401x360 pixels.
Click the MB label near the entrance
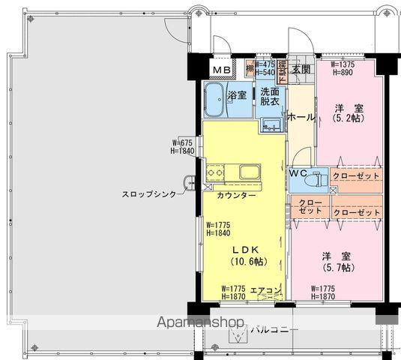[x=221, y=70]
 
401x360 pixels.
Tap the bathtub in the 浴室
[x=217, y=99]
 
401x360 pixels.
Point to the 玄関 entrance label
[x=301, y=70]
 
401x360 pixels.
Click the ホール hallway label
[x=301, y=117]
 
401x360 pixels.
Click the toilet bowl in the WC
[x=317, y=179]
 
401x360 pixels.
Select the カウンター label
[x=236, y=195]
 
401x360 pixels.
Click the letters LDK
[x=247, y=250]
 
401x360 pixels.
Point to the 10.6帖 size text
[x=247, y=262]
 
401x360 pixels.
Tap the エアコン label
[x=265, y=289]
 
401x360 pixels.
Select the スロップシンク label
[x=150, y=194]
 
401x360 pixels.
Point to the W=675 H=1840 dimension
[x=183, y=146]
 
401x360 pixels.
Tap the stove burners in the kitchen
[x=216, y=175]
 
